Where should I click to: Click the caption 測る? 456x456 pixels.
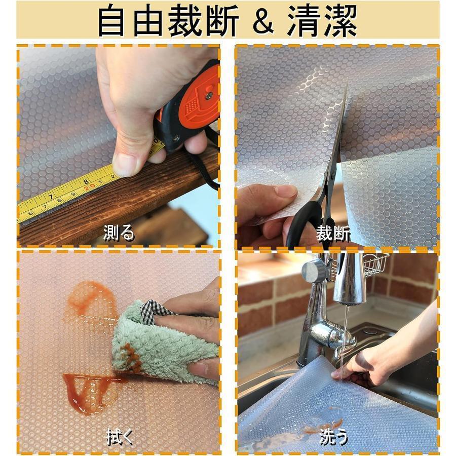coord(119,233)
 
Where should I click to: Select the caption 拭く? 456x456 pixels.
coord(120,437)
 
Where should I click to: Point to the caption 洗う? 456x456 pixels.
coord(334,437)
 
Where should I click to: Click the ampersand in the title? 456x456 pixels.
coord(263,21)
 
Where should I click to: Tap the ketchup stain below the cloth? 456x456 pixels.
coord(89,388)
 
